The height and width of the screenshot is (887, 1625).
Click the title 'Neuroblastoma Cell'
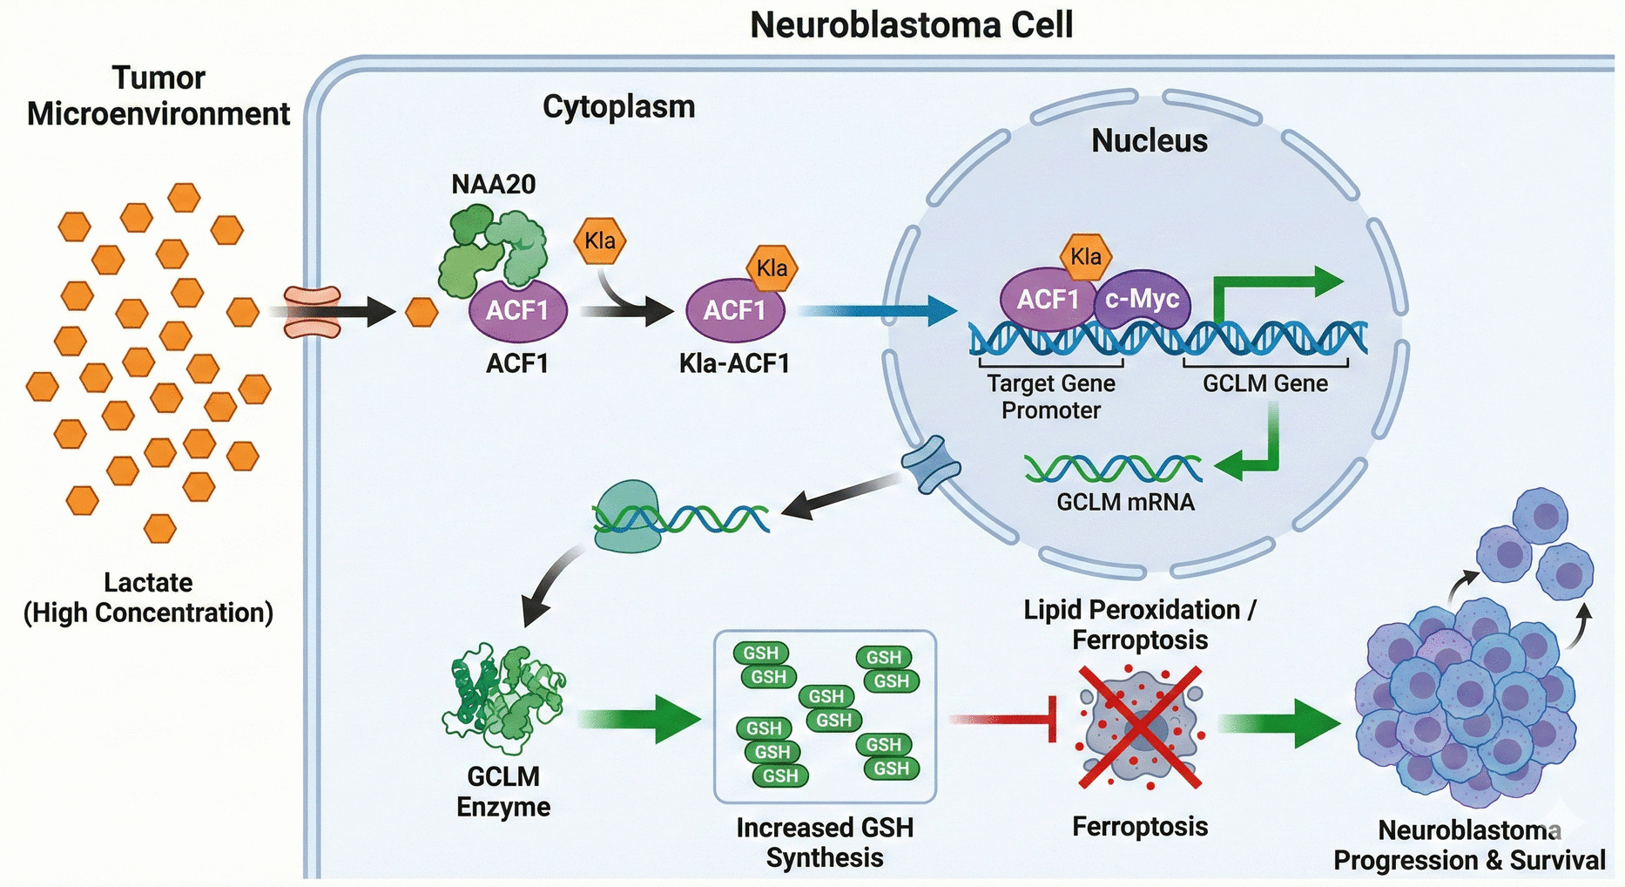(911, 24)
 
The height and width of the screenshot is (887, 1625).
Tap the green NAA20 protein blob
(492, 248)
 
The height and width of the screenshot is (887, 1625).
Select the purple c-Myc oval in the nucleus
(1142, 300)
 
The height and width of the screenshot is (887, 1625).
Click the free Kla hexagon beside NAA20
(599, 241)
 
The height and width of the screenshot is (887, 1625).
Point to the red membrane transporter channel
(313, 312)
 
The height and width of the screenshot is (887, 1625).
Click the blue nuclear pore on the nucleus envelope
(931, 464)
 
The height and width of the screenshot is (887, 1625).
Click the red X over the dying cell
(1140, 728)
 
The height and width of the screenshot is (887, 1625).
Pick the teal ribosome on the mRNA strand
(627, 516)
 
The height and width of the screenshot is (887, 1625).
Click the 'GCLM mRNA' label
(1125, 502)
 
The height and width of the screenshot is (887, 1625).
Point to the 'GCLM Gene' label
(1264, 383)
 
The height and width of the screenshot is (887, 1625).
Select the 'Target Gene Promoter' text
(1050, 396)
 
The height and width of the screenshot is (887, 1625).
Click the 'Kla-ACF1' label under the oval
(734, 362)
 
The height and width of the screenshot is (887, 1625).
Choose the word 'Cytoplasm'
(618, 106)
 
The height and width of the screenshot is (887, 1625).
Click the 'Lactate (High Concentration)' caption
(148, 597)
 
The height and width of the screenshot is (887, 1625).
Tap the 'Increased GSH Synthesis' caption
(824, 842)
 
